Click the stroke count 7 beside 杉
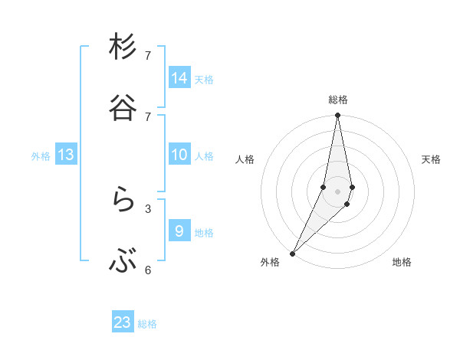click(x=148, y=56)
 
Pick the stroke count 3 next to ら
click(x=148, y=208)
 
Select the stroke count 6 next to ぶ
click(x=148, y=270)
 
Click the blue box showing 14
click(x=179, y=78)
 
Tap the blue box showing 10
click(x=179, y=155)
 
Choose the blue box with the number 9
click(x=179, y=231)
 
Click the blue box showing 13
click(x=66, y=155)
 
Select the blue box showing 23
click(x=123, y=322)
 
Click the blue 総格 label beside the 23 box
click(x=148, y=324)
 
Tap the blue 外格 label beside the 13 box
click(x=41, y=156)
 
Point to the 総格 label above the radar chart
click(x=338, y=100)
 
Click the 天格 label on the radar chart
click(x=431, y=159)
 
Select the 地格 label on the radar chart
click(x=402, y=262)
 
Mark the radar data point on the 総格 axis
click(x=338, y=115)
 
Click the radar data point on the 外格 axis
click(x=293, y=253)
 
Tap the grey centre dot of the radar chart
click(x=338, y=191)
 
